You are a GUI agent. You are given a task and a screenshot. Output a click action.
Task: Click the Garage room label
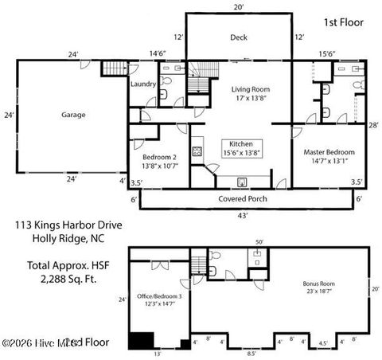click(x=73, y=115)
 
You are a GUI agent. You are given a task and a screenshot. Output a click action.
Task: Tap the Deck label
click(x=240, y=37)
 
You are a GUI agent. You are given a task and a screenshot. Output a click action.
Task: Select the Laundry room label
click(x=142, y=83)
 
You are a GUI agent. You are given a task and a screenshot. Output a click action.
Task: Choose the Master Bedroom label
click(x=329, y=156)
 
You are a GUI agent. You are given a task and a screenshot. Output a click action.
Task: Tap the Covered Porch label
click(x=243, y=198)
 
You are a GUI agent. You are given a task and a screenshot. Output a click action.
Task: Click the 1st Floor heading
click(x=344, y=23)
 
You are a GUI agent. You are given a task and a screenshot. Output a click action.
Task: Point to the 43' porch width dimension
click(x=244, y=215)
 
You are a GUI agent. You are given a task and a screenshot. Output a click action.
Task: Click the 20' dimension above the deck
click(x=239, y=6)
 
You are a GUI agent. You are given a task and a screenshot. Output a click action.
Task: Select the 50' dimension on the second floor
click(x=259, y=241)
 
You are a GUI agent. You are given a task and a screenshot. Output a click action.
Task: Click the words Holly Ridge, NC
click(x=68, y=237)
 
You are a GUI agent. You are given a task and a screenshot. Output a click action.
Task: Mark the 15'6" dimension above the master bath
click(x=327, y=53)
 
